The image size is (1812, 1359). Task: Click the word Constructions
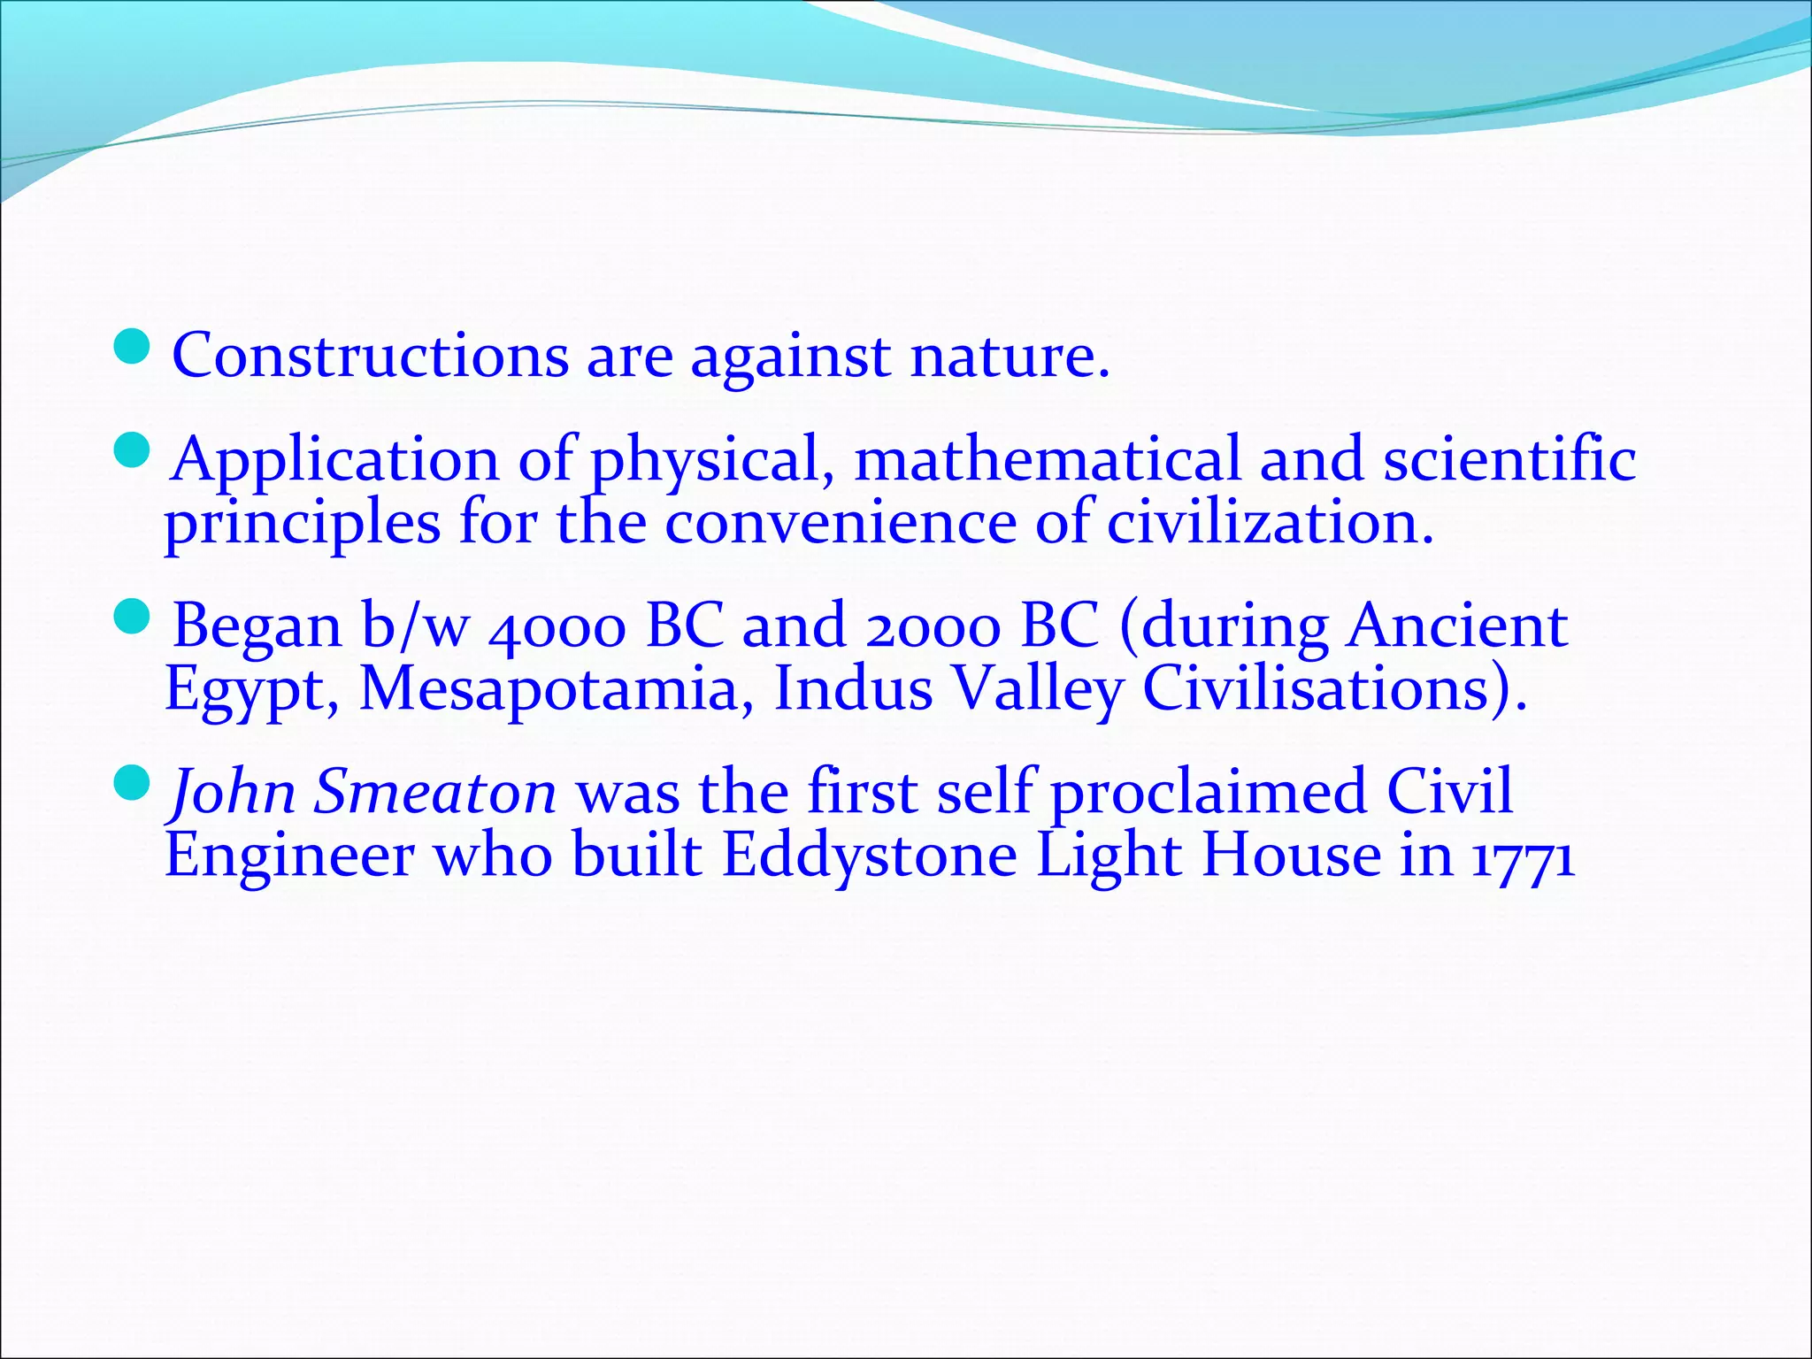point(370,356)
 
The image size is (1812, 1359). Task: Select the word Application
point(335,460)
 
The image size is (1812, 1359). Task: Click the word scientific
point(1509,460)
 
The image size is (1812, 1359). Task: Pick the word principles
point(303,524)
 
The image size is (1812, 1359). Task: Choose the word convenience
point(841,524)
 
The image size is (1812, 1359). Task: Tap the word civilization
point(1270,524)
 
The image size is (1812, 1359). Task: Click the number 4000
point(557,627)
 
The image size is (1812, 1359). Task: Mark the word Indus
point(853,690)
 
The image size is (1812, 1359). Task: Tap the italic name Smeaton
point(435,792)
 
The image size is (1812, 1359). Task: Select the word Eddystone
point(870,856)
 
